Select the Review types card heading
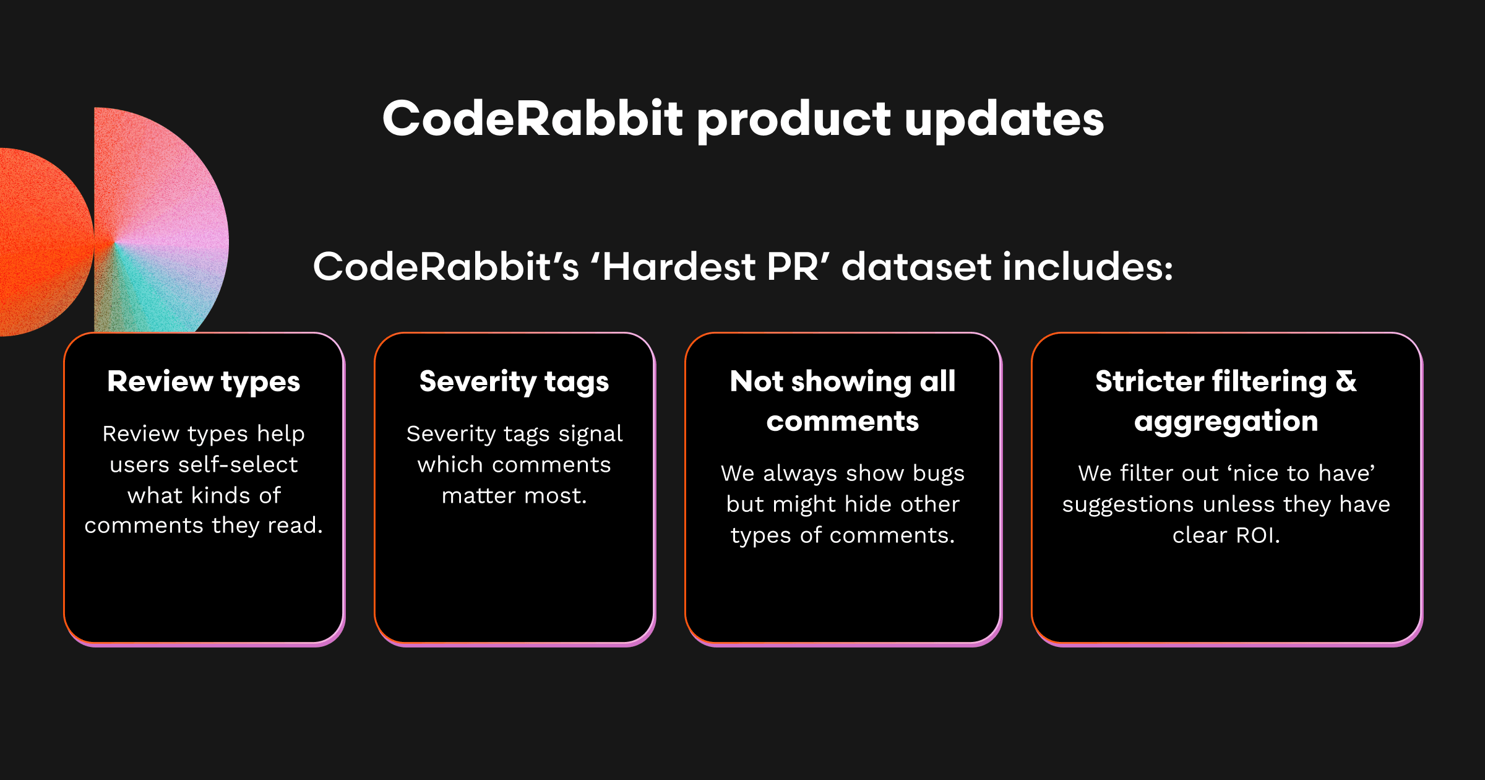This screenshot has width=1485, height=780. coord(204,382)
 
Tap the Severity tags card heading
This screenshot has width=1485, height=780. coord(514,382)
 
